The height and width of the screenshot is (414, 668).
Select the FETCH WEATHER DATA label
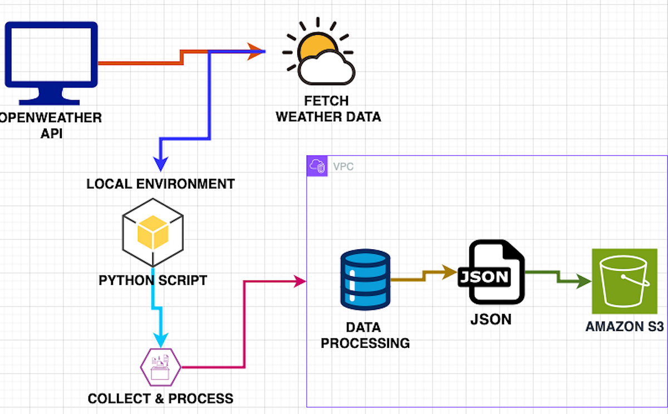pos(328,109)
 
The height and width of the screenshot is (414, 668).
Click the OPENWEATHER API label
pos(50,126)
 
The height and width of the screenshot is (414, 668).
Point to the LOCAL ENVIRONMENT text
pos(160,184)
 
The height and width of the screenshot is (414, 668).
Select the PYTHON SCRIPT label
pos(153,280)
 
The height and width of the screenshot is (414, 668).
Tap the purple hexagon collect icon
pos(160,367)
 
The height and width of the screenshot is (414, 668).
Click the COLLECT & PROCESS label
pos(160,398)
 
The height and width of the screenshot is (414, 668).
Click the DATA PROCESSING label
pos(365,335)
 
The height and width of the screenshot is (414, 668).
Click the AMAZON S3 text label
pos(625,327)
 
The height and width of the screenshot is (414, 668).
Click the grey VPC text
pos(343,166)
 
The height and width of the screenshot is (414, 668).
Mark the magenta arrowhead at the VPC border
pos(299,282)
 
